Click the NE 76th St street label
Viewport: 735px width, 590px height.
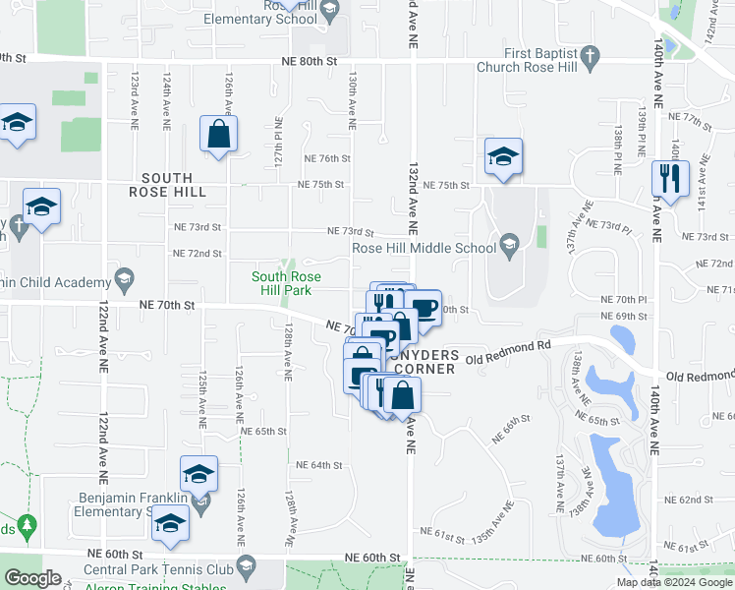(327, 158)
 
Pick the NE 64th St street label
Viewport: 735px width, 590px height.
(318, 465)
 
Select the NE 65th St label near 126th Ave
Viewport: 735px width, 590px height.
(262, 431)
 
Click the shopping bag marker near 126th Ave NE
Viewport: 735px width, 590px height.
(218, 134)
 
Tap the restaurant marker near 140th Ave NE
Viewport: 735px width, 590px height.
(670, 178)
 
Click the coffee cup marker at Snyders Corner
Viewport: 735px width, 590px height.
(424, 308)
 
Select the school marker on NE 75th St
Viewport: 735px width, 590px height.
(503, 156)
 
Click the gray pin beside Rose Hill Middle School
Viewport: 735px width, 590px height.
(508, 242)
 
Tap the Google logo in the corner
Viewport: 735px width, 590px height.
(33, 578)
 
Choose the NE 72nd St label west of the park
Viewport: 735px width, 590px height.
(198, 253)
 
